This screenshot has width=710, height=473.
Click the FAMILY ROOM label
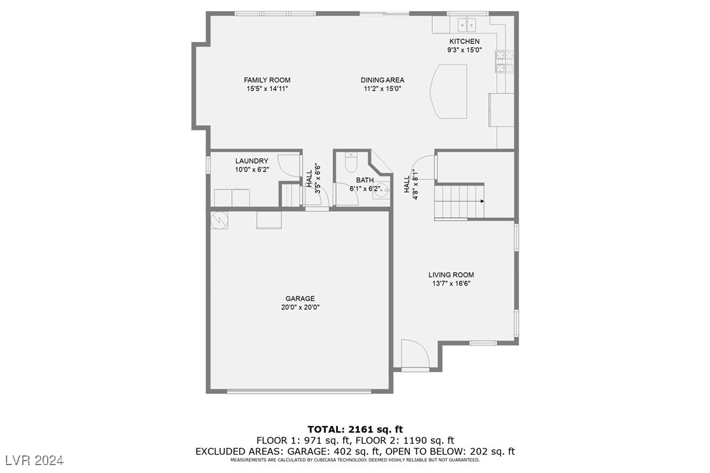pos(267,80)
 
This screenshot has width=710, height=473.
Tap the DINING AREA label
pos(382,80)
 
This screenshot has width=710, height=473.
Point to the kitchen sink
pos(467,26)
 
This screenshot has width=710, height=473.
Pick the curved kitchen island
pos(449,91)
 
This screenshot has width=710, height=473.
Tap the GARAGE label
pos(299,299)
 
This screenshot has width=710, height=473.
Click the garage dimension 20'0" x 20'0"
pos(299,307)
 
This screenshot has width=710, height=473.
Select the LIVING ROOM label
pos(451,275)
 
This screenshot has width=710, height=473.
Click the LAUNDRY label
pos(252,161)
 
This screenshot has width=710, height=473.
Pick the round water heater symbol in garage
pos(220,220)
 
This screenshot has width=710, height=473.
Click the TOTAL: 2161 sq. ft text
pos(355,429)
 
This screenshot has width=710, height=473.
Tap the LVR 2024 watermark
pos(33,461)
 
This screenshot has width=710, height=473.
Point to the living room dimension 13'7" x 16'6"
pos(451,284)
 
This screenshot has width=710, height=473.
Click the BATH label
pos(365,180)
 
